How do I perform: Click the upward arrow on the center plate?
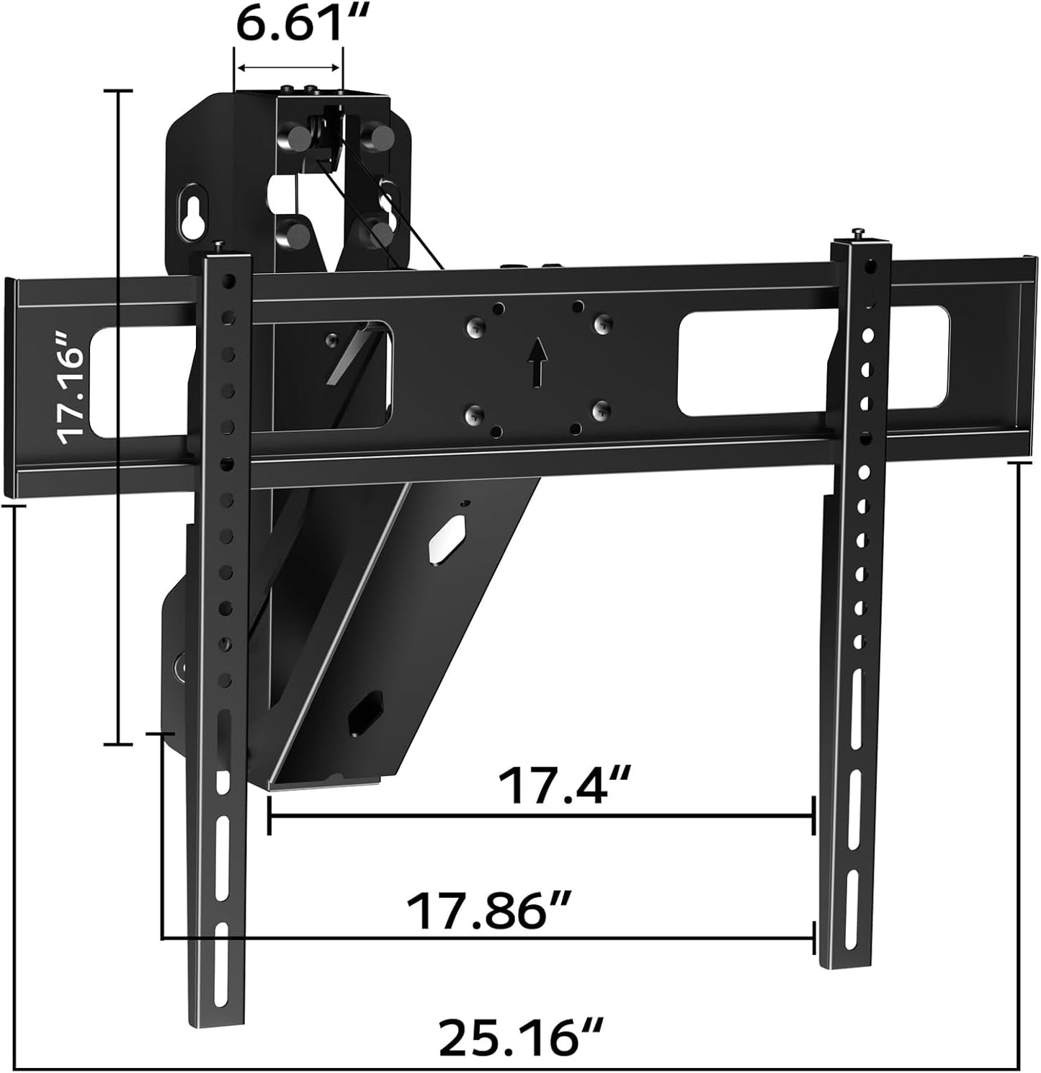click(x=535, y=362)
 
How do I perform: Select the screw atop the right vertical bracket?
click(x=859, y=233)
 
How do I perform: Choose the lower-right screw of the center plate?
click(x=599, y=411)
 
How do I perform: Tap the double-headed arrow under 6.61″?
click(x=288, y=68)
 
